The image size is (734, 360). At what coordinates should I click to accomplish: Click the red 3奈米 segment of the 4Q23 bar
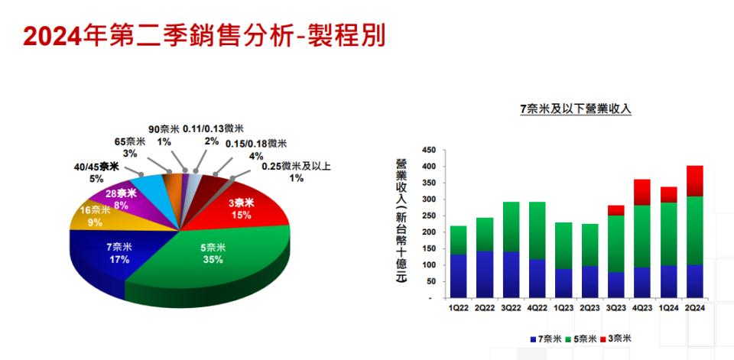click(x=642, y=193)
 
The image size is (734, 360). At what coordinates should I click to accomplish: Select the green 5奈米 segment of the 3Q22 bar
click(x=512, y=227)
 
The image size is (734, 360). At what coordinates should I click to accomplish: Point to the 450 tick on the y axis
click(x=429, y=151)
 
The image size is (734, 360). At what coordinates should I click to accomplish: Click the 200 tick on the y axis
click(x=429, y=232)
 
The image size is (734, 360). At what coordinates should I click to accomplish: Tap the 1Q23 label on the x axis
click(x=563, y=308)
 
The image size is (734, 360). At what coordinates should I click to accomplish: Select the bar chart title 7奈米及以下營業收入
click(x=576, y=109)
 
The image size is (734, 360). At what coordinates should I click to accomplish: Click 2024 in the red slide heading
click(x=53, y=37)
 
